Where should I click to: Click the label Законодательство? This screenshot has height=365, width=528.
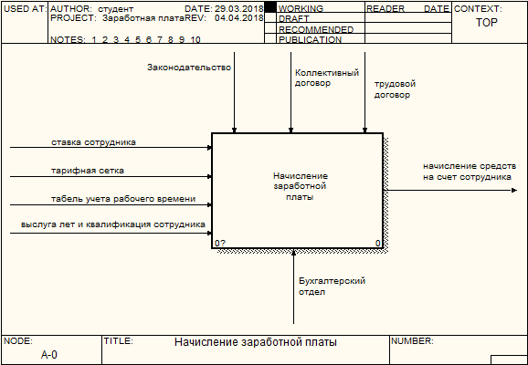click(x=189, y=68)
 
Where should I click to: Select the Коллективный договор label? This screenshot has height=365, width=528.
click(x=327, y=78)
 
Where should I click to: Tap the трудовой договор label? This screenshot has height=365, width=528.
click(x=395, y=89)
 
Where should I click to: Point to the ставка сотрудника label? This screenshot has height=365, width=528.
click(x=93, y=142)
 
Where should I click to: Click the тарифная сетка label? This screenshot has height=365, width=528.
click(x=88, y=171)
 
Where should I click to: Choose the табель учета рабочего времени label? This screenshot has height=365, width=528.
click(x=123, y=199)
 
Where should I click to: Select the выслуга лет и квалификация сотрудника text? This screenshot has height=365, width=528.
click(x=113, y=224)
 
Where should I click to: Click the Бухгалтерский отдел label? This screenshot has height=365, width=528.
click(x=332, y=286)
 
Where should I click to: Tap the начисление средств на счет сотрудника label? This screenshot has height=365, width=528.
click(x=470, y=172)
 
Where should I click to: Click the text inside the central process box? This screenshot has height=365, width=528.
click(x=300, y=186)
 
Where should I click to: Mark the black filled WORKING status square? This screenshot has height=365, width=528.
click(x=270, y=7)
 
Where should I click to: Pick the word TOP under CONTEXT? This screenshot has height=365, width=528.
click(x=487, y=23)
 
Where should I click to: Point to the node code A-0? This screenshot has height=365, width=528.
click(x=49, y=355)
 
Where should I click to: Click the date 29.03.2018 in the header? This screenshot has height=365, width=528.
click(x=239, y=9)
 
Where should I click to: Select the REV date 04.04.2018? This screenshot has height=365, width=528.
click(x=239, y=18)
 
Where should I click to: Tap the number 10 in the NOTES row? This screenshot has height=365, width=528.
click(x=195, y=40)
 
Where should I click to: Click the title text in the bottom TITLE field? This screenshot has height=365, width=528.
click(x=256, y=342)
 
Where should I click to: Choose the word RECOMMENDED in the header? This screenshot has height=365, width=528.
click(x=316, y=29)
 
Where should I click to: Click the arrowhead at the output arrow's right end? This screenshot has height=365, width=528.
click(x=514, y=191)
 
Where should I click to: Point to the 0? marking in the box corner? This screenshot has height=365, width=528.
click(x=220, y=243)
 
